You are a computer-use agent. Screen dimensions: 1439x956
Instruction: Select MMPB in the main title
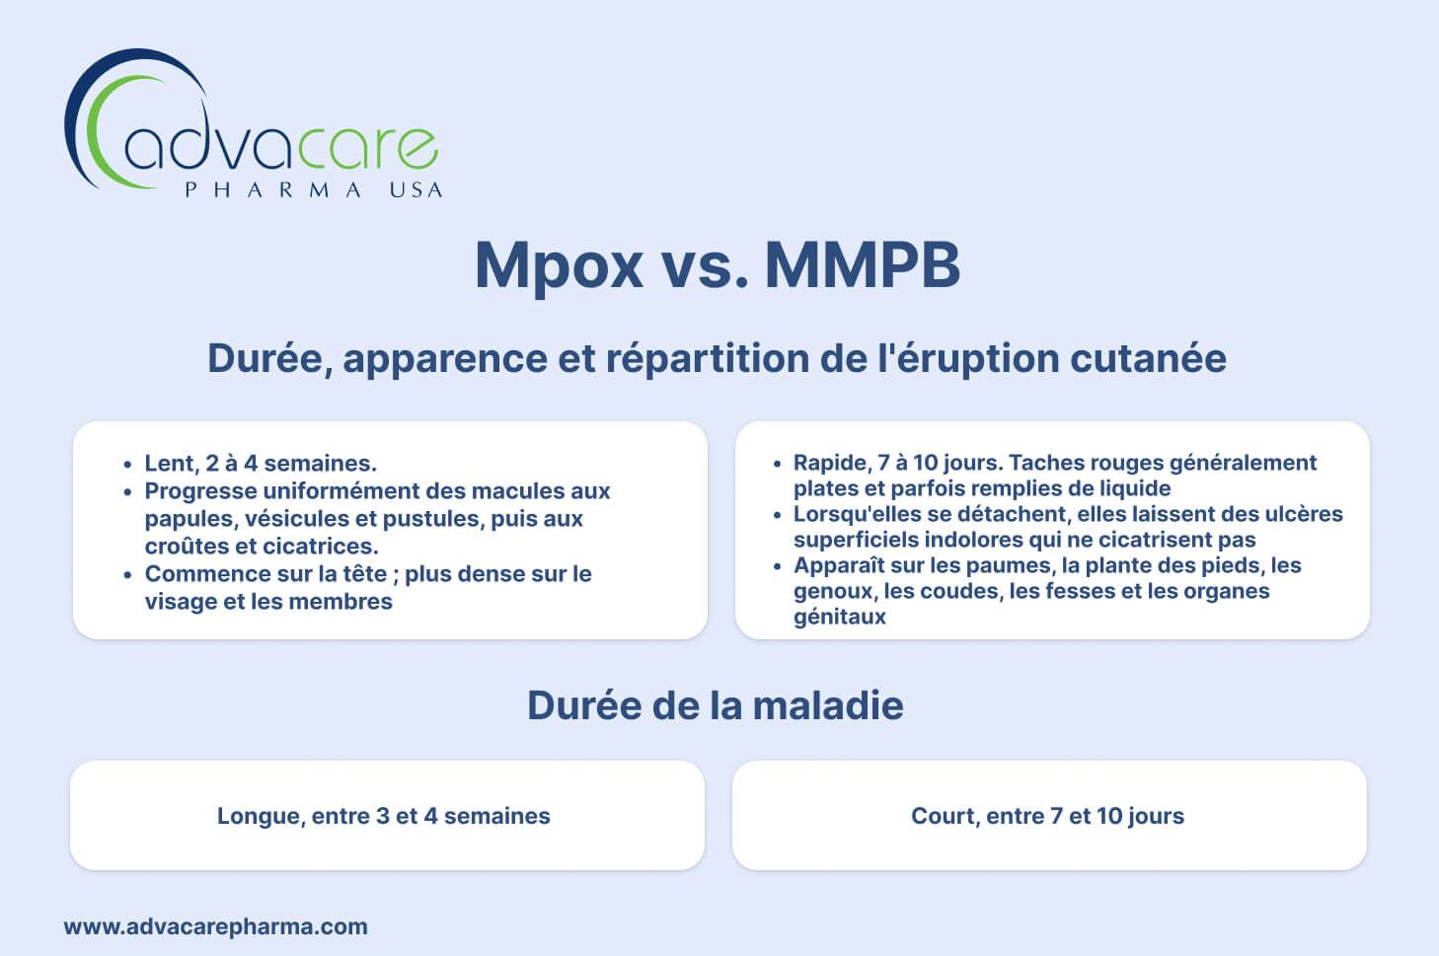pyautogui.click(x=863, y=264)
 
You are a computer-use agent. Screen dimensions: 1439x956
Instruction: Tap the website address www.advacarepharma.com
pyautogui.click(x=215, y=926)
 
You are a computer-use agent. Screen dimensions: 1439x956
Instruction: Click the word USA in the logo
pyautogui.click(x=417, y=190)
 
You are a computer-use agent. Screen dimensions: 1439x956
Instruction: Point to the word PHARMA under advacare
pyautogui.click(x=273, y=190)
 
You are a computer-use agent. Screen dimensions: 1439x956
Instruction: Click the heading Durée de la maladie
pyautogui.click(x=715, y=705)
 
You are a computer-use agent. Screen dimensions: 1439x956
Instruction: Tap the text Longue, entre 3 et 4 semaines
pyautogui.click(x=384, y=815)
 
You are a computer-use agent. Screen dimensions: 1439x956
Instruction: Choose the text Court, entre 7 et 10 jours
pyautogui.click(x=1047, y=815)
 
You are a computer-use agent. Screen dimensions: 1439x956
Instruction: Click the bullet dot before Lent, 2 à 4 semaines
pyautogui.click(x=128, y=465)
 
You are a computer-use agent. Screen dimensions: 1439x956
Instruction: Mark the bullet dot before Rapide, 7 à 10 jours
pyautogui.click(x=778, y=464)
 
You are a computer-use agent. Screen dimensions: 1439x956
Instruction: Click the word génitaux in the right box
pyautogui.click(x=840, y=617)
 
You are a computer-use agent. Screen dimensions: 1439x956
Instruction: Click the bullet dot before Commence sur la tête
pyautogui.click(x=128, y=574)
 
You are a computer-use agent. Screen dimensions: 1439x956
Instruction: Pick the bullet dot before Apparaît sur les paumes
pyautogui.click(x=778, y=566)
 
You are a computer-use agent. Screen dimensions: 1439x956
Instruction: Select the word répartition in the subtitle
pyautogui.click(x=708, y=359)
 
